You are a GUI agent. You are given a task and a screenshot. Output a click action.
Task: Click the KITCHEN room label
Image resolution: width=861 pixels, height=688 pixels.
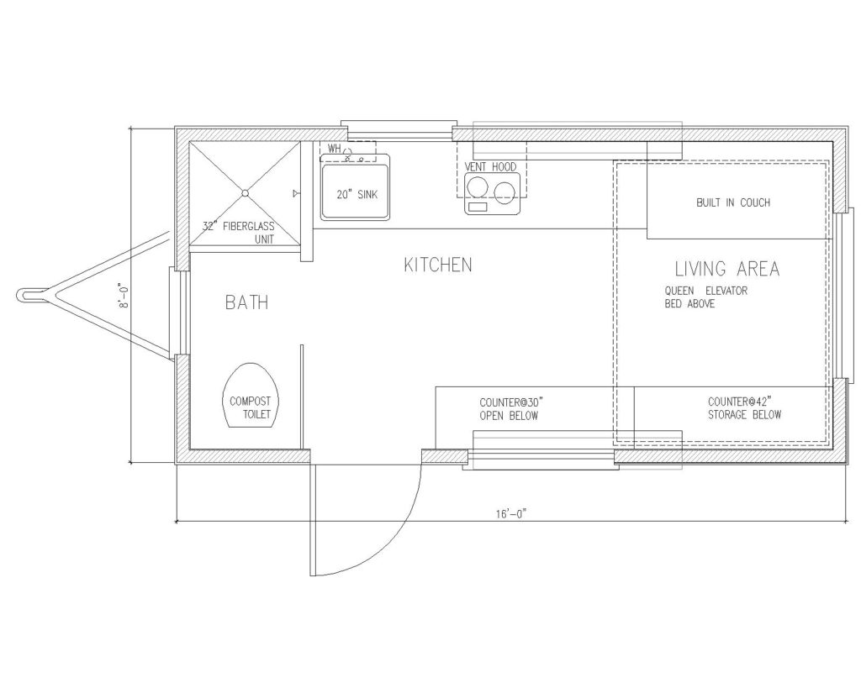coord(437,265)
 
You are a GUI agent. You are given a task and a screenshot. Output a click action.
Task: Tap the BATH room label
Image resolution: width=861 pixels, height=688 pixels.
coord(246,302)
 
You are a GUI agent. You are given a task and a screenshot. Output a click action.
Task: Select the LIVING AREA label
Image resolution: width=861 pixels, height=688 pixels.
coord(727,269)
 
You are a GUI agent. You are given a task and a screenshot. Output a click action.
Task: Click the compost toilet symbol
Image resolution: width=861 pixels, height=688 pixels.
coord(251,395)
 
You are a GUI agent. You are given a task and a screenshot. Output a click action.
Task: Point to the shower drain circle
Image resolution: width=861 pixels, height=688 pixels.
coord(245,192)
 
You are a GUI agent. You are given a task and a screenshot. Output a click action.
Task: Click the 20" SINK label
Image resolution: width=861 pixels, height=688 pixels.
coord(357,194)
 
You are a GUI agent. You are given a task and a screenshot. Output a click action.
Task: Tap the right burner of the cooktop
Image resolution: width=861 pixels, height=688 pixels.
coord(504,192)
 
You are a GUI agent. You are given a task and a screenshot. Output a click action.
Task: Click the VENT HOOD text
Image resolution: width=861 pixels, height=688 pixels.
coord(490,167)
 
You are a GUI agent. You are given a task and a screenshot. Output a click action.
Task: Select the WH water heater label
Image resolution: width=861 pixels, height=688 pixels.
coord(335,148)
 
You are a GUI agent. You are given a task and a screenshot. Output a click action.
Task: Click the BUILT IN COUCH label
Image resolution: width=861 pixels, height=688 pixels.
coord(733,202)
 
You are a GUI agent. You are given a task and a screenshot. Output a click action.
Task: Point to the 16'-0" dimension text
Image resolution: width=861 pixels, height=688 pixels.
coord(511,514)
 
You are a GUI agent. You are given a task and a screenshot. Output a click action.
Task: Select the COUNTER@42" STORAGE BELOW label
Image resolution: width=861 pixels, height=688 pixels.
coord(744,408)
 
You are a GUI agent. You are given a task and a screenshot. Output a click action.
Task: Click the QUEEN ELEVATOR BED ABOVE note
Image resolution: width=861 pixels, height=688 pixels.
coord(706,297)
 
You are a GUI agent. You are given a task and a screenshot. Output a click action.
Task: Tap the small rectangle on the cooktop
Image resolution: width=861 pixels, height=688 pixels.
coord(478,207)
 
